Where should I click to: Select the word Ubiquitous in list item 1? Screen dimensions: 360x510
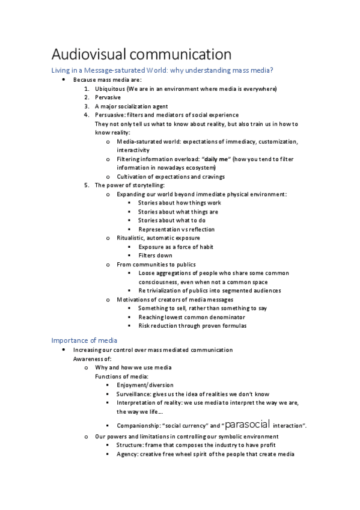tap(109, 89)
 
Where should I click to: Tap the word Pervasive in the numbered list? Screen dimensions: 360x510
tap(108, 97)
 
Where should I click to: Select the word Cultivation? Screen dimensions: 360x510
tap(132, 176)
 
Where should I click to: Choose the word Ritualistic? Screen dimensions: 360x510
tap(132, 238)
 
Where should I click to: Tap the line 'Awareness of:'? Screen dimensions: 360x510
tap(93, 359)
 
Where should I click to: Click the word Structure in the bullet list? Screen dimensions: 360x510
tap(130, 446)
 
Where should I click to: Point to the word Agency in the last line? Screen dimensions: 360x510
tap(127, 454)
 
